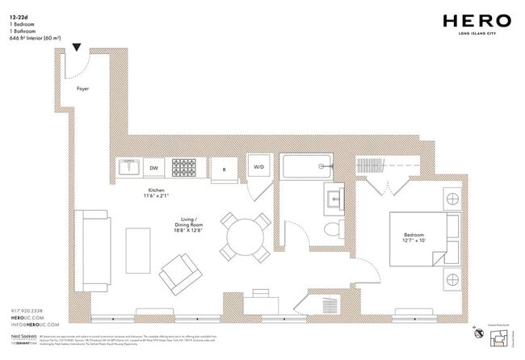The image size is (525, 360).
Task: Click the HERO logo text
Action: pos(477,21)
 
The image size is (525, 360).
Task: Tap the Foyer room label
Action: pos(83,89)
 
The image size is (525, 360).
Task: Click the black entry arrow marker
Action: pos(77,48)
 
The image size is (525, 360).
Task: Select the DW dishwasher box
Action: pos(153,169)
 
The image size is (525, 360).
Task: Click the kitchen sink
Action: pos(128,169)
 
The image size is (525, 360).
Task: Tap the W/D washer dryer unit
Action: pos(258,168)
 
